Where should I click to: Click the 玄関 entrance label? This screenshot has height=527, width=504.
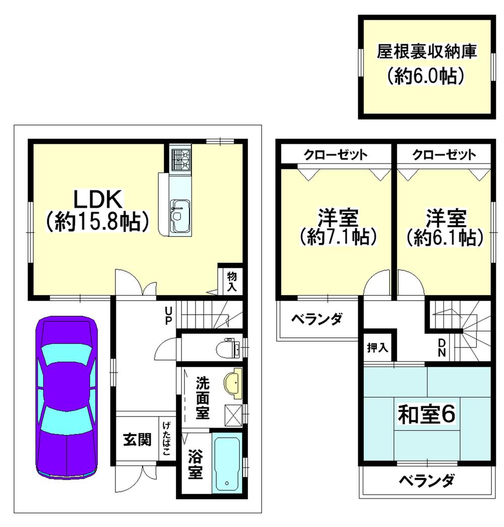click(137, 440)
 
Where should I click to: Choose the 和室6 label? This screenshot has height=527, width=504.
click(427, 415)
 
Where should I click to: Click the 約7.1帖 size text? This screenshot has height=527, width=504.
click(338, 237)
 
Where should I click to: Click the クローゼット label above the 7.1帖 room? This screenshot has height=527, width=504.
click(335, 154)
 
